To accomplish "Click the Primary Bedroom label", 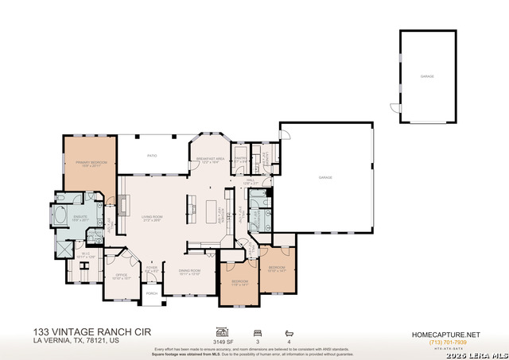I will (x=91, y=163).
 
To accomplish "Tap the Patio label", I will (x=151, y=156).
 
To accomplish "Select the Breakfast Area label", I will (x=212, y=160).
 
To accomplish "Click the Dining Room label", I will (x=189, y=271).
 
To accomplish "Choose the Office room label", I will (x=120, y=277).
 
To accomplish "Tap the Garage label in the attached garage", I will (x=324, y=177).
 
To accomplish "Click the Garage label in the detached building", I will (x=427, y=76).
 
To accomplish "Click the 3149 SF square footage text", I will (x=222, y=343).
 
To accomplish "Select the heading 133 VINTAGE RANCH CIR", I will (x=91, y=331).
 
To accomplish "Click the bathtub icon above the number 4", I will (x=289, y=332).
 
